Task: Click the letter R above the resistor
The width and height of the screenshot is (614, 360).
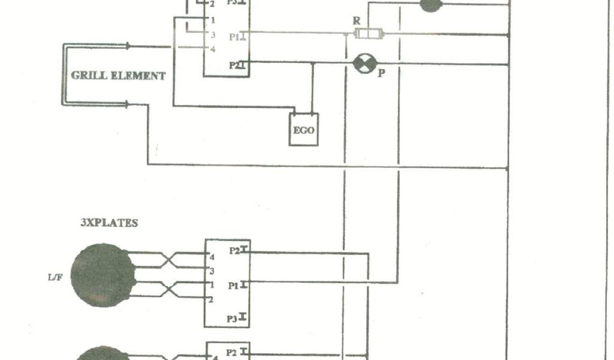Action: [x=357, y=20]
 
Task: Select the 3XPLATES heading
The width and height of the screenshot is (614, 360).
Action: [x=109, y=223]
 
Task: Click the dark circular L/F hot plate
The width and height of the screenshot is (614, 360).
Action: [x=102, y=274]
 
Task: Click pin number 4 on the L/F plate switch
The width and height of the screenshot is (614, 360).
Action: [x=212, y=256]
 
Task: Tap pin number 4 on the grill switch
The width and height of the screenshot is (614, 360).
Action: [x=212, y=49]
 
